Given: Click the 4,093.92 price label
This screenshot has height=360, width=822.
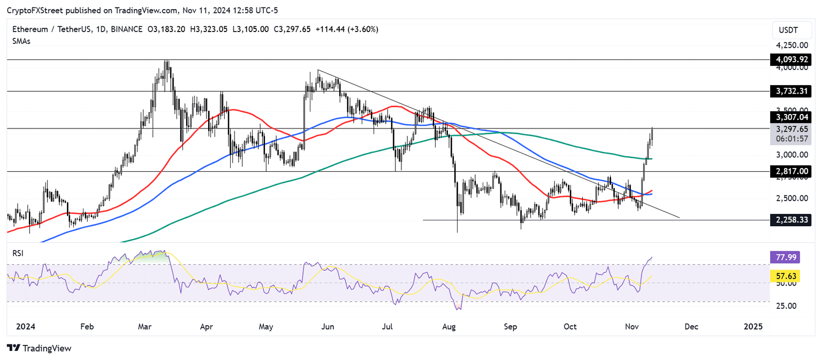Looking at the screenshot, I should (790, 59).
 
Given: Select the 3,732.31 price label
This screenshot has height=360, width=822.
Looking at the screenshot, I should (790, 91).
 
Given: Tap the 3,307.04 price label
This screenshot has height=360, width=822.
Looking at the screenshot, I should (790, 117).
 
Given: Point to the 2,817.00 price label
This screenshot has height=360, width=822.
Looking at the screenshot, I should (790, 171).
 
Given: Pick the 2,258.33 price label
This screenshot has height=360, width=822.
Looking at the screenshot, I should (790, 219).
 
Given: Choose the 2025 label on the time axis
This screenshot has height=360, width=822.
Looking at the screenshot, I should (753, 326).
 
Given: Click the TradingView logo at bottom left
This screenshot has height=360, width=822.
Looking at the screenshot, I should (39, 348).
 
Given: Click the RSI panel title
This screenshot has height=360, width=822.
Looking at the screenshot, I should (18, 253).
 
